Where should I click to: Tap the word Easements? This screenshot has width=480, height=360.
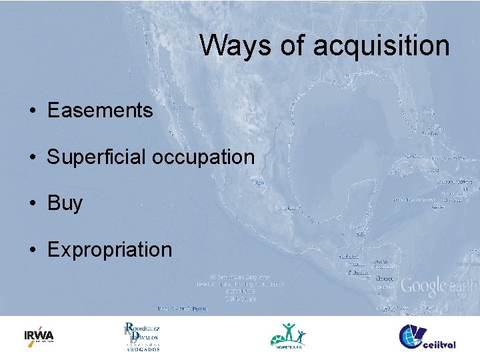click(x=100, y=110)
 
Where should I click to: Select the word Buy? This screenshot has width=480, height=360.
click(x=65, y=203)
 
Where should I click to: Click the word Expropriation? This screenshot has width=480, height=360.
click(x=109, y=250)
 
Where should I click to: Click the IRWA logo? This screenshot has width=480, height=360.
click(x=39, y=335)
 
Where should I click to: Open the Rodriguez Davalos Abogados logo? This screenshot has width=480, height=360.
click(x=141, y=336)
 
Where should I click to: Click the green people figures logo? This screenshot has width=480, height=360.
click(x=289, y=335)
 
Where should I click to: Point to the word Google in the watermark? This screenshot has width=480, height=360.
click(x=422, y=287)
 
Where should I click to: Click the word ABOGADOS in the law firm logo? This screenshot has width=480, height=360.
click(x=143, y=349)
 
